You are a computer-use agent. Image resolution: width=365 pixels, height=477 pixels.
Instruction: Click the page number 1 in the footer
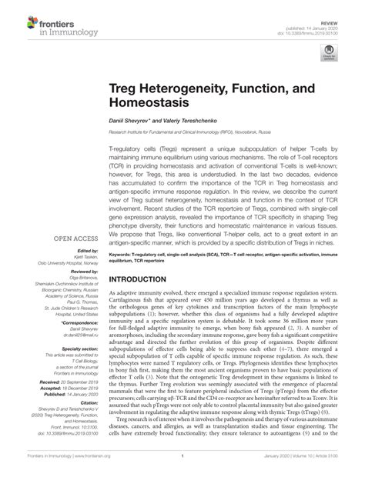tap(182, 466)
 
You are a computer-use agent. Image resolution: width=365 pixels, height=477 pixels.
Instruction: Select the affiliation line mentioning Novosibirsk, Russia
tap(209, 131)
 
